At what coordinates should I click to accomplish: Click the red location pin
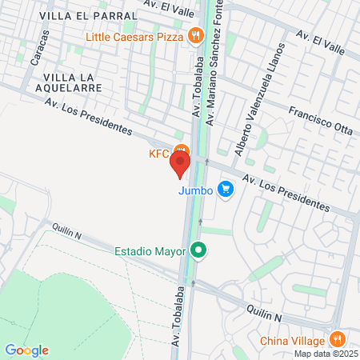(x=180, y=163)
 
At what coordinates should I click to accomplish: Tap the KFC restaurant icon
(x=183, y=150)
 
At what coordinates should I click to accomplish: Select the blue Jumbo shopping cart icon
(x=226, y=190)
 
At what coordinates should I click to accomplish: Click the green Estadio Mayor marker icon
(x=199, y=251)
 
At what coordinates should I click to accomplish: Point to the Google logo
(x=26, y=350)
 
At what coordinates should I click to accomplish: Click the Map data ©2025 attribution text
(x=325, y=353)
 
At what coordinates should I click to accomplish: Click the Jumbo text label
(x=195, y=190)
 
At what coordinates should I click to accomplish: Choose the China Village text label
(x=293, y=338)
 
